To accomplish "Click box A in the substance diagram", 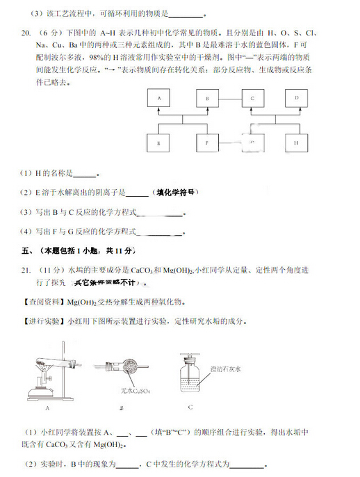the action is [159, 99].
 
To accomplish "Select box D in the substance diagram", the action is [296, 99].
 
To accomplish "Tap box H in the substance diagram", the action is [296, 143].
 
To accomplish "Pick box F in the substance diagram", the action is [206, 143].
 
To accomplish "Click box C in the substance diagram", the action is [252, 99].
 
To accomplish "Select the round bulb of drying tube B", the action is [131, 368].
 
